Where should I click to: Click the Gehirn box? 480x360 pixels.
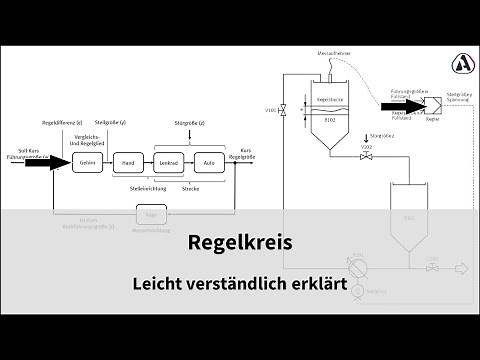[87, 162]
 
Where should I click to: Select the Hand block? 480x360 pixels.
[127, 162]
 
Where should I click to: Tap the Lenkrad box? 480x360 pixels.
[170, 162]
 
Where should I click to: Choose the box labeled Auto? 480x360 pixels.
[209, 162]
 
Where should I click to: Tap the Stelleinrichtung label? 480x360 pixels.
[148, 186]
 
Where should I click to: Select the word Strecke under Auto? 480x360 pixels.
[191, 186]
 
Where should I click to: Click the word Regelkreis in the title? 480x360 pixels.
[239, 242]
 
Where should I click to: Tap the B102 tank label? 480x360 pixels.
[330, 119]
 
